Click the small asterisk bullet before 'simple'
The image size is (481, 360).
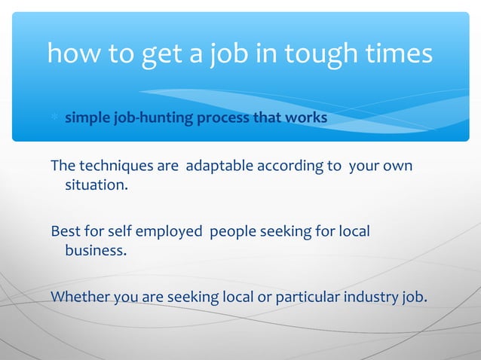point(54,119)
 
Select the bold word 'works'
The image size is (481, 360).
point(305,118)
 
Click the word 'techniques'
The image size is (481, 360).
point(113,165)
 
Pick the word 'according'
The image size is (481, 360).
point(290,165)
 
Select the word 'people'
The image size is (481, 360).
point(232,230)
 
